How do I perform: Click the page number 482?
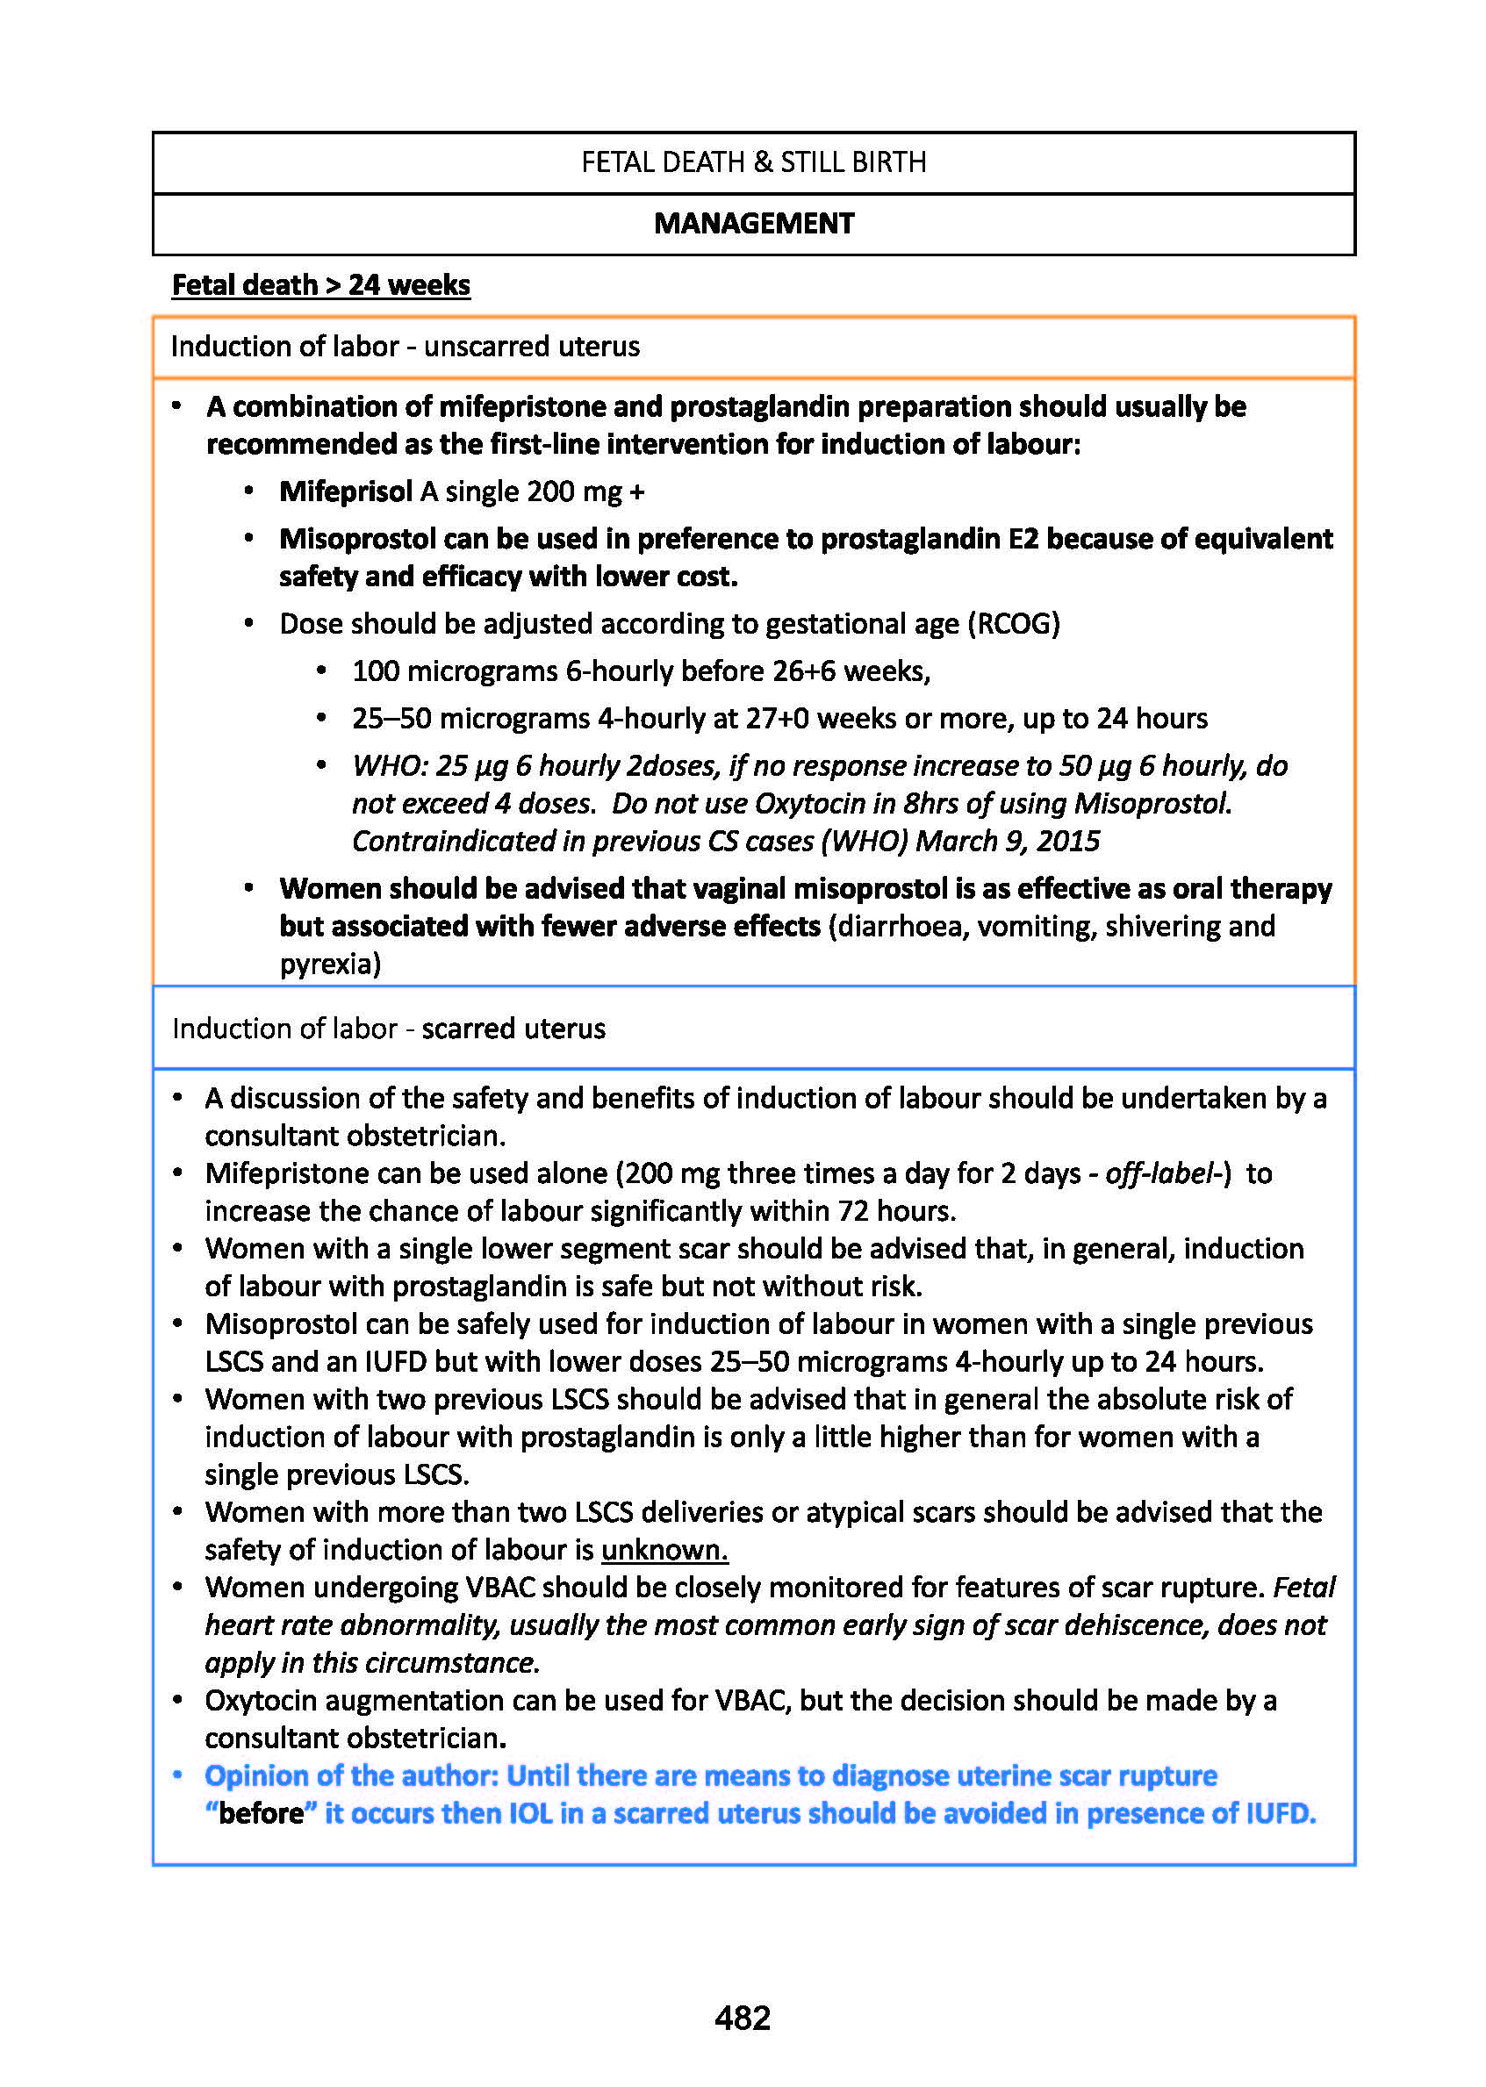point(742,2017)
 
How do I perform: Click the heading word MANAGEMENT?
point(754,223)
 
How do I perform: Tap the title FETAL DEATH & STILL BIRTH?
point(754,162)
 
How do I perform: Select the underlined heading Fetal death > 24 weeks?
point(321,284)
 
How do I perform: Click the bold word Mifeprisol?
point(346,491)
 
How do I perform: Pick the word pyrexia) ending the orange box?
point(330,964)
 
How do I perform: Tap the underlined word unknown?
point(664,1549)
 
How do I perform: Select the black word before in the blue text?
point(262,1812)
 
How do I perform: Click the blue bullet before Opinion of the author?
point(178,1775)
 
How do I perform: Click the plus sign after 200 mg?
point(637,492)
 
